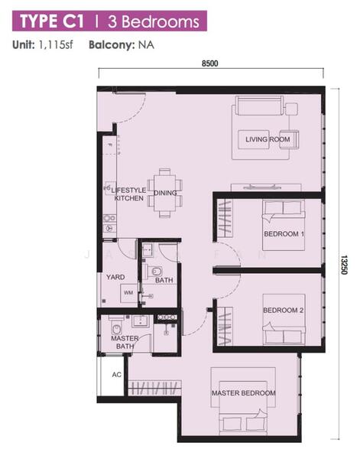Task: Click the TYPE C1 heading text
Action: click(x=52, y=21)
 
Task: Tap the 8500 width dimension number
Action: click(x=210, y=63)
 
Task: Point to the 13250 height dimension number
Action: click(x=344, y=265)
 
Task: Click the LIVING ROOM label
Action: click(x=268, y=139)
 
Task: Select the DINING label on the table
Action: click(x=165, y=193)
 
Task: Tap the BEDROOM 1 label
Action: click(x=284, y=234)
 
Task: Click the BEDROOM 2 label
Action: click(x=283, y=311)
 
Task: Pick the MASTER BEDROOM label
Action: click(x=244, y=393)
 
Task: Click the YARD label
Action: click(x=115, y=277)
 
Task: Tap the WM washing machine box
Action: click(x=128, y=293)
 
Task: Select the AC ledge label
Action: click(x=117, y=374)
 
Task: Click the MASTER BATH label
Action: click(x=125, y=342)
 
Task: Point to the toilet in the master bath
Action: click(x=117, y=327)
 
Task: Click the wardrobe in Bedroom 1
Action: click(x=224, y=219)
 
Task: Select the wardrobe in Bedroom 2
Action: click(x=225, y=326)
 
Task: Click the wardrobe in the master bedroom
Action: click(x=154, y=388)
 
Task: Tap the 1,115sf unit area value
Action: click(x=56, y=45)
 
